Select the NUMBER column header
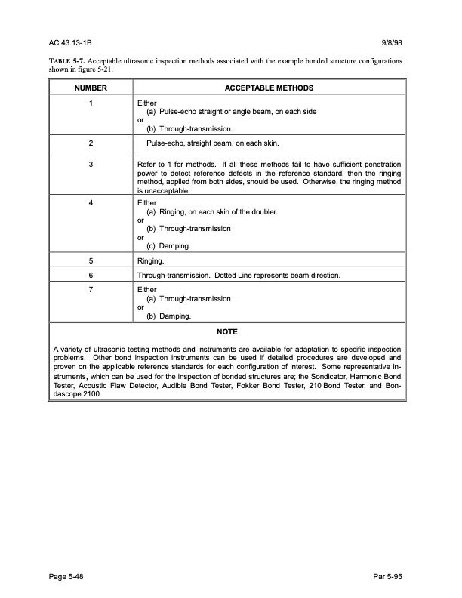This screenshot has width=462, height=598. tap(91, 88)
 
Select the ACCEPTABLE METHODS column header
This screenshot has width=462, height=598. tap(269, 88)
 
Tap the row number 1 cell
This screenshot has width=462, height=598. tap(91, 102)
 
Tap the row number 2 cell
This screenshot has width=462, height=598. tap(91, 142)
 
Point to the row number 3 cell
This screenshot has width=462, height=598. tap(91, 163)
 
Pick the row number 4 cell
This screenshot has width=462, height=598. tap(91, 203)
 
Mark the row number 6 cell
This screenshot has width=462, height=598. tap(91, 276)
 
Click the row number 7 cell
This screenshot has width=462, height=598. tap(91, 289)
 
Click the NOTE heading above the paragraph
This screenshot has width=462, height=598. tap(226, 331)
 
